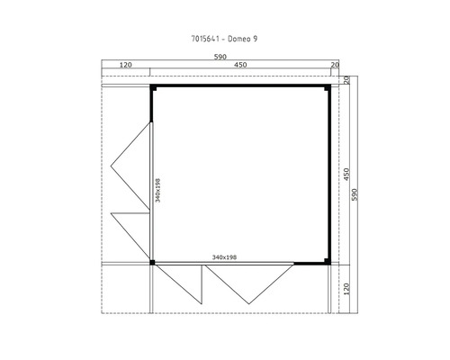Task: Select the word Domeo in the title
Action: pos(240,40)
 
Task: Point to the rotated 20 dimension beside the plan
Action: pos(346,81)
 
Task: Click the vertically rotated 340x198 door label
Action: pos(158,190)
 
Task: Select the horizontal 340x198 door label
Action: pos(224,257)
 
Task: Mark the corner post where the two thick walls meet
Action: pos(326,88)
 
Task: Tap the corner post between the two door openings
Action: pos(152,263)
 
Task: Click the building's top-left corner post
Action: pos(152,88)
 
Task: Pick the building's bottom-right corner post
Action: pos(326,263)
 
